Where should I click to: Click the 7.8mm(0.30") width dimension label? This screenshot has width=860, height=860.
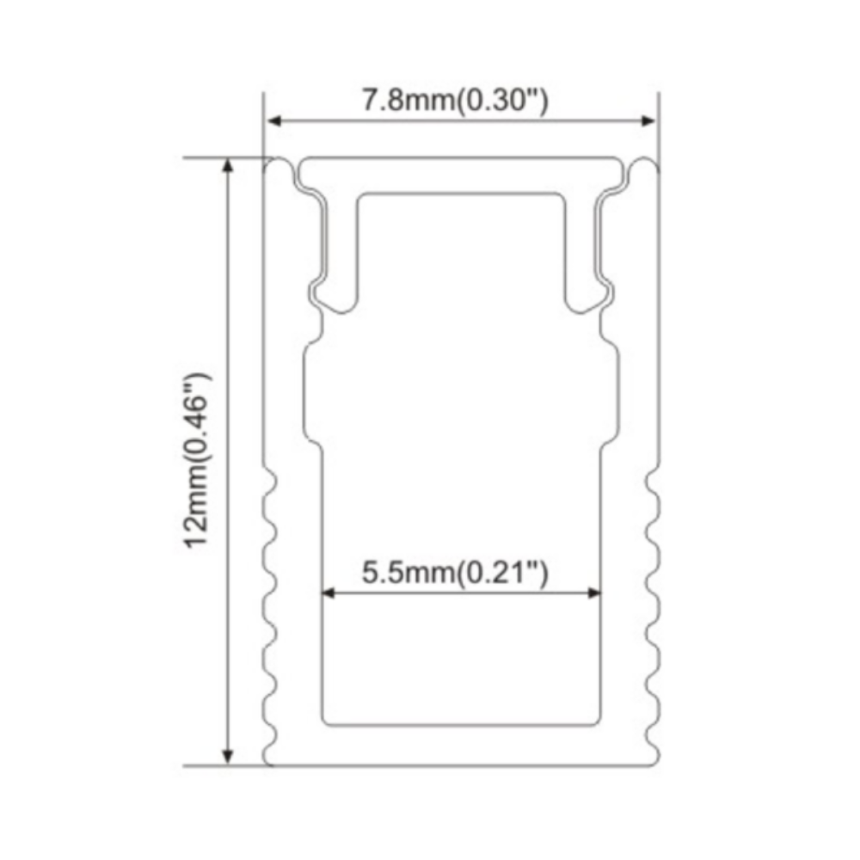(x=455, y=101)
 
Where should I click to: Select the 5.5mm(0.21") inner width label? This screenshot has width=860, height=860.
(x=455, y=571)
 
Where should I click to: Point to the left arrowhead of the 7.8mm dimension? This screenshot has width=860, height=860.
(x=272, y=121)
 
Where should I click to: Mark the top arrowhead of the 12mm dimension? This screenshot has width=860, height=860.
(x=228, y=165)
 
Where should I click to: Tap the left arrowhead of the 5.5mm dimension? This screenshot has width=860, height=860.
(x=328, y=592)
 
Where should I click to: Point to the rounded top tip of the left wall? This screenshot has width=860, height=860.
(x=278, y=163)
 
